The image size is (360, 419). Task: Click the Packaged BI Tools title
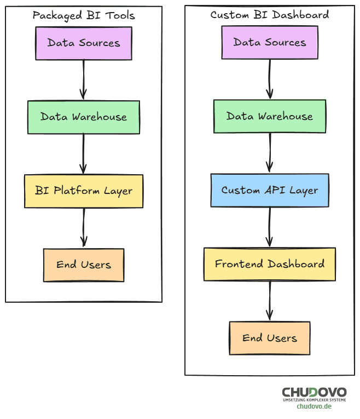point(84,15)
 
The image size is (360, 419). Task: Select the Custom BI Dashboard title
point(270,15)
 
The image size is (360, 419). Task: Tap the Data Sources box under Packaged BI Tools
point(84,43)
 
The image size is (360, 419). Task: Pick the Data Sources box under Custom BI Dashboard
point(270,42)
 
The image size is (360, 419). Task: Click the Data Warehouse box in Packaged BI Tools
point(84,117)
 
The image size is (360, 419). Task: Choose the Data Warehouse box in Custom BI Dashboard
point(270,116)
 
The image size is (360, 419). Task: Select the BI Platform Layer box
point(84,191)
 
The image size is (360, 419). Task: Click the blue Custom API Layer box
point(270,191)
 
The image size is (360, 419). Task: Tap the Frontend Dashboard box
point(270,264)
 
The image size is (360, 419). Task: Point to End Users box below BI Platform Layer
point(84,265)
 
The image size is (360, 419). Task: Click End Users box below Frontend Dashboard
point(270,338)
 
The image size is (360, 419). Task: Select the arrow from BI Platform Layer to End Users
point(84,228)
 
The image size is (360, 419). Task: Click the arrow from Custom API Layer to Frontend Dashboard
point(270,227)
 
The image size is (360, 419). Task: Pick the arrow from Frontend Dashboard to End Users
point(270,301)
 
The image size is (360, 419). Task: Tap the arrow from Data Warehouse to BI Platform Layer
point(84,154)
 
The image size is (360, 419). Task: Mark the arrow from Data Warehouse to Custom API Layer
point(270,153)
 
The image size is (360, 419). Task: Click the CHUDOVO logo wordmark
point(314,393)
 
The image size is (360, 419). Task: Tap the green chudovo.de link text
point(314,406)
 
